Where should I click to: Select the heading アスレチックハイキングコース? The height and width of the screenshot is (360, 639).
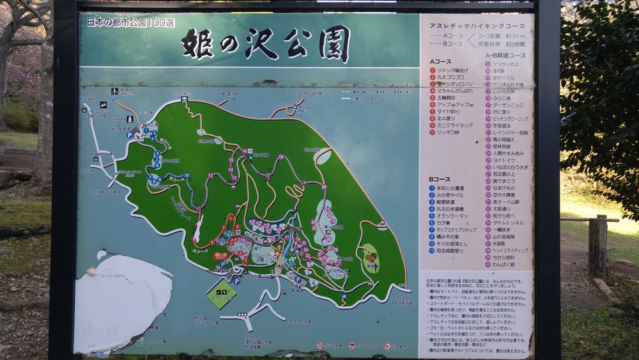click(477, 26)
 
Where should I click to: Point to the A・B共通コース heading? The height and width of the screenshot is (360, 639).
click(505, 56)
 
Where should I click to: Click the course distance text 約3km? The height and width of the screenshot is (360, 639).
click(514, 36)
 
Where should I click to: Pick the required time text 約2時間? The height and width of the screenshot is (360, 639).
click(514, 44)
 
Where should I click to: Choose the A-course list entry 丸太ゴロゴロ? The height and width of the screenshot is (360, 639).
click(450, 77)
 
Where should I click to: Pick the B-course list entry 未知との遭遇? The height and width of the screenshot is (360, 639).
click(451, 188)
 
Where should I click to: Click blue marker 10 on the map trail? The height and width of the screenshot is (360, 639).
click(185, 175)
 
